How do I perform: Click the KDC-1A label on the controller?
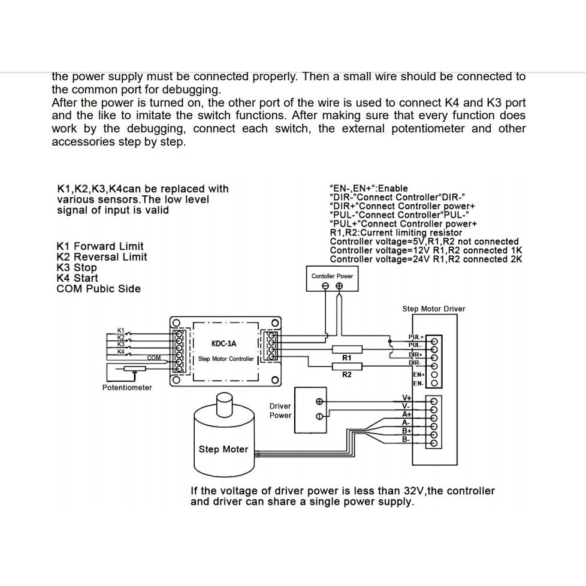[224, 343]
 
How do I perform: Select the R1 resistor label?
[346, 358]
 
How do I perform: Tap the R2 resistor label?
[346, 375]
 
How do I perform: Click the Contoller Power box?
[332, 280]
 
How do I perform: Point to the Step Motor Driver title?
[433, 309]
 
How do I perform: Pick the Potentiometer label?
[127, 388]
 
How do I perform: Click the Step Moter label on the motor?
[223, 449]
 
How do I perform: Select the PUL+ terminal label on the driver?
[416, 337]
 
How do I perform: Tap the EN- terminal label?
[418, 383]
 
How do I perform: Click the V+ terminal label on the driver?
[406, 398]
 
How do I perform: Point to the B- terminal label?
[406, 439]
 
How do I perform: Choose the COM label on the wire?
[154, 358]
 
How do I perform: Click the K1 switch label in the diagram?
[120, 331]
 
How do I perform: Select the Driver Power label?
[280, 410]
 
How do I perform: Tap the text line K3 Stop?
[77, 267]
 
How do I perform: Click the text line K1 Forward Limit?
[100, 246]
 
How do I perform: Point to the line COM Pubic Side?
[98, 289]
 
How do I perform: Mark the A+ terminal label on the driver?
[406, 414]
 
